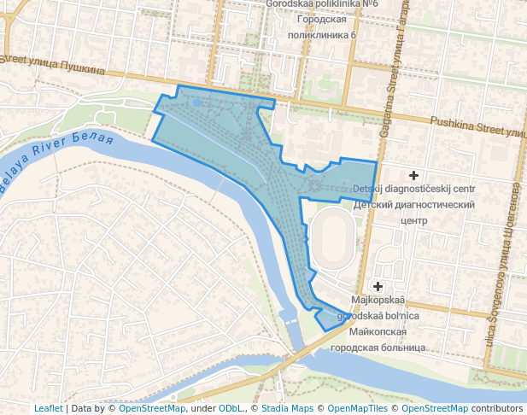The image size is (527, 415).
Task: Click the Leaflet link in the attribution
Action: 48,408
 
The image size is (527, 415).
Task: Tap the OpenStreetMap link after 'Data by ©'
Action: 151,408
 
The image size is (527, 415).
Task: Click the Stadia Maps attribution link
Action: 286,408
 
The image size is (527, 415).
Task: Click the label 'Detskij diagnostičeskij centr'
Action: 414,189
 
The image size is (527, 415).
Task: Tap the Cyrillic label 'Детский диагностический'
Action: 413,205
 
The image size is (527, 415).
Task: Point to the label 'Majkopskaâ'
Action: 378,300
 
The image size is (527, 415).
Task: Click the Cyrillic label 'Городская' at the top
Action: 322,20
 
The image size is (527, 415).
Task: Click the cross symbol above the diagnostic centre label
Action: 414,174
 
